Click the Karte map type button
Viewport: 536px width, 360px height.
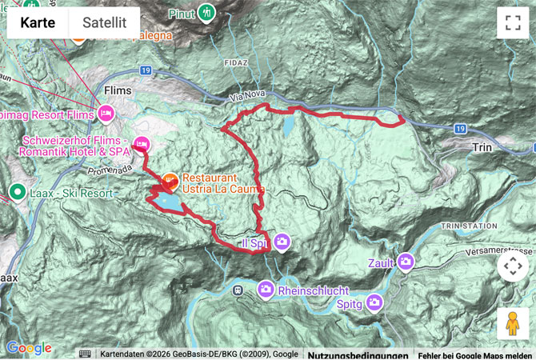pos(38,22)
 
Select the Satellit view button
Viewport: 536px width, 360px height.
pos(104,22)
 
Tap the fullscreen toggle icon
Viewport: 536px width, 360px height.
pos(513,22)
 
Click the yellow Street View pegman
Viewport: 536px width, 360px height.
pos(513,323)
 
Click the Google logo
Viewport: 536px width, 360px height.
pos(29,348)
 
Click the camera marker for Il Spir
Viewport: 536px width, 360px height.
pos(282,242)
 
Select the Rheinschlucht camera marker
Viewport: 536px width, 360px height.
pos(266,290)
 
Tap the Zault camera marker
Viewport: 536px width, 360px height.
pos(406,262)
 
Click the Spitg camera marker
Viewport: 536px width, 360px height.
pos(374,302)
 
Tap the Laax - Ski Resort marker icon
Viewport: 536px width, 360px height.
pos(17,192)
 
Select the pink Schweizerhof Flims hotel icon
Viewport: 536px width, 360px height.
pos(142,145)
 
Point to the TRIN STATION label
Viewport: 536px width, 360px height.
pos(468,226)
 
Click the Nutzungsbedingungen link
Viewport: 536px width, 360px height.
pos(358,354)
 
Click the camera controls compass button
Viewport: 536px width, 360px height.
pos(513,266)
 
